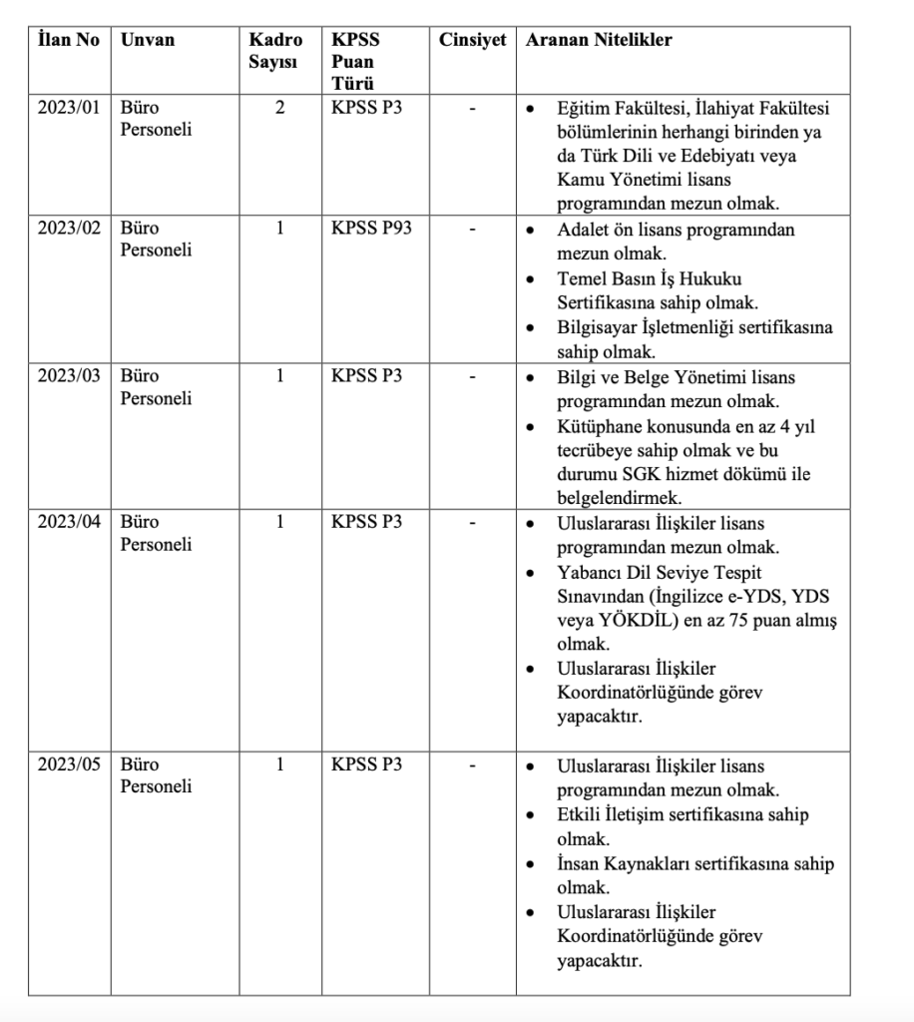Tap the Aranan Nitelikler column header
coord(599,41)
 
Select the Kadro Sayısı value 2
coord(279,108)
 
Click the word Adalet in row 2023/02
coord(582,229)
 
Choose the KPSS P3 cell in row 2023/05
coord(367,766)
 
